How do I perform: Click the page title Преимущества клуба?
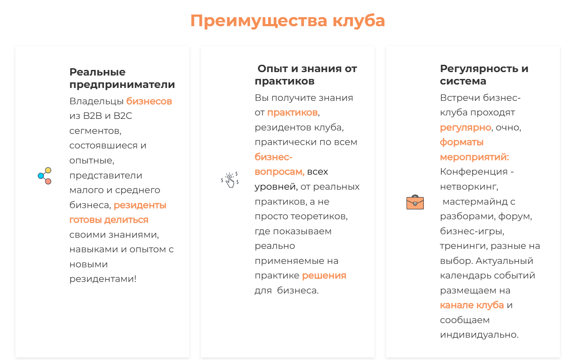287,21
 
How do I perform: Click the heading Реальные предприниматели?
122,78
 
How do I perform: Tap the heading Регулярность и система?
484,75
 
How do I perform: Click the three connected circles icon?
45,176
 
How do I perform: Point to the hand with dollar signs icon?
230,180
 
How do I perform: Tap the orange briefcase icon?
415,202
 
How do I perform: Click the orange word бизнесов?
149,101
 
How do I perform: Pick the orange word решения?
324,275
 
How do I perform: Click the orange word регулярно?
465,127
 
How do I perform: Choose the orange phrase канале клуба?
472,305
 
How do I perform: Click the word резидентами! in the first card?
103,279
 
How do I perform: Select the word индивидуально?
479,335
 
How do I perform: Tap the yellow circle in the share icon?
48,170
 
